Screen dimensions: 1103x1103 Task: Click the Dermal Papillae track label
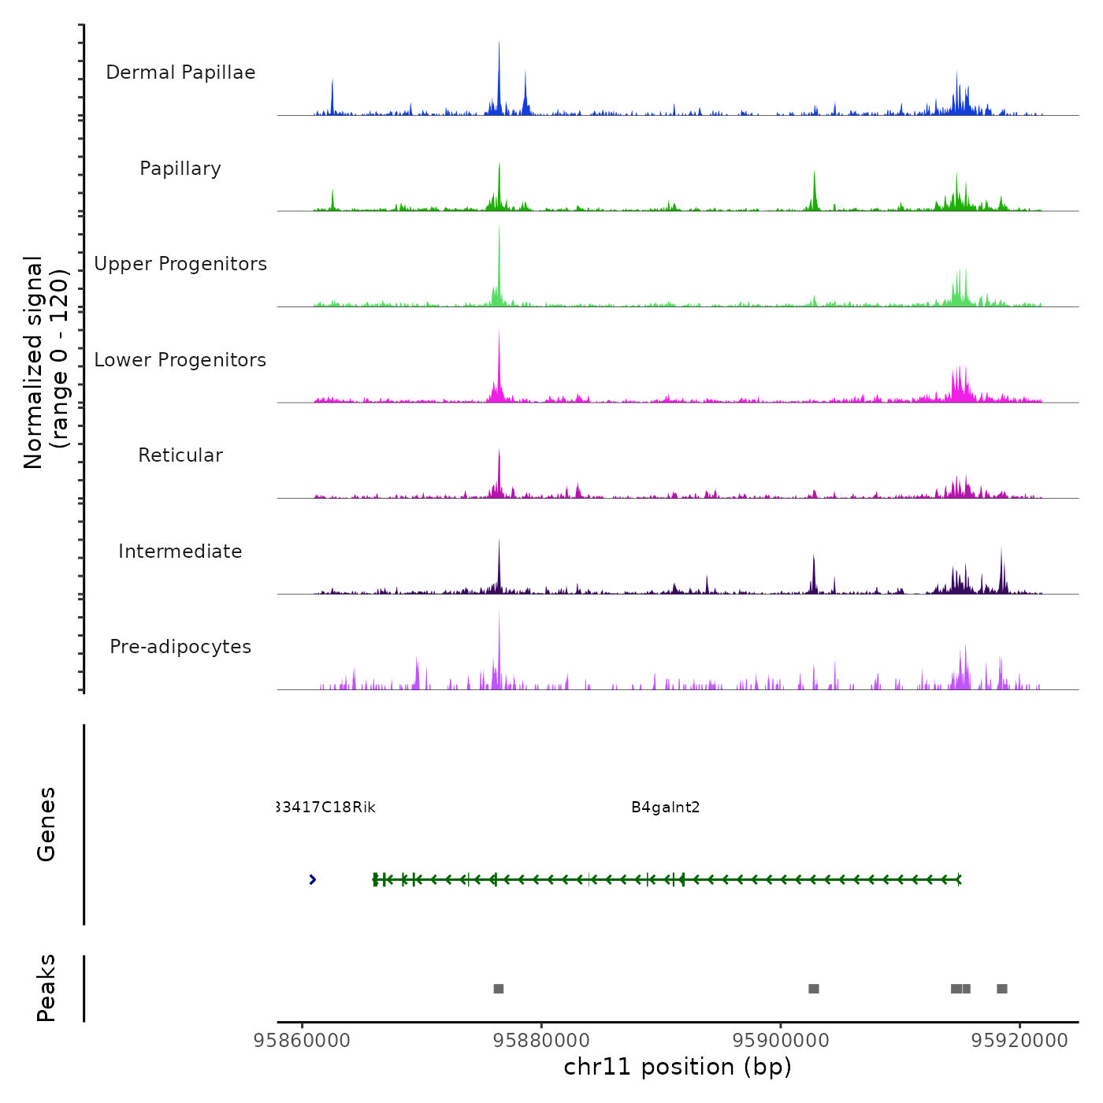[180, 72]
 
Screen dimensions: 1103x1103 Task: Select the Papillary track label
[180, 169]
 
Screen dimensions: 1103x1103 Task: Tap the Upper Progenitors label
[180, 264]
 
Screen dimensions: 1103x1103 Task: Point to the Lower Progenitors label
[180, 360]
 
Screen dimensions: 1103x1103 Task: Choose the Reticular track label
[180, 455]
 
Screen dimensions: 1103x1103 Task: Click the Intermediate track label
[180, 551]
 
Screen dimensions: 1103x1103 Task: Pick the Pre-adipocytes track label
[180, 647]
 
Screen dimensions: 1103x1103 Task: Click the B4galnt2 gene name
[666, 808]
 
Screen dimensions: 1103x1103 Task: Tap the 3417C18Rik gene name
[327, 808]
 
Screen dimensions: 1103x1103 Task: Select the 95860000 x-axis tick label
[303, 1041]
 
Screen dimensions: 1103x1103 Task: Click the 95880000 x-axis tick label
[542, 1041]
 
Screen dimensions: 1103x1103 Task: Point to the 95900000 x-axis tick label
[781, 1041]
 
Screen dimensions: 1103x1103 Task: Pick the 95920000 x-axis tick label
[1019, 1041]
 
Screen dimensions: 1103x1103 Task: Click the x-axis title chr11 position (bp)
[678, 1067]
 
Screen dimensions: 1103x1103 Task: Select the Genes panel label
[46, 824]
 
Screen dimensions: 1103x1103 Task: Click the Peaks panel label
[46, 988]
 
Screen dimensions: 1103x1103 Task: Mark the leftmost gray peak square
[499, 989]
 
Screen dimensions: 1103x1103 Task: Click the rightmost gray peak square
[1002, 989]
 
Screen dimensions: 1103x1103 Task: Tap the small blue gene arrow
[313, 879]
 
